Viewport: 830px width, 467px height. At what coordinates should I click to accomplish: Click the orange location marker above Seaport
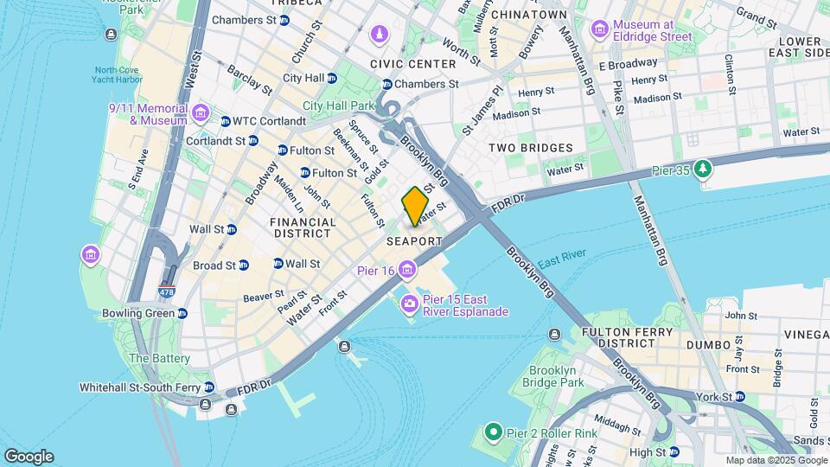[415, 206]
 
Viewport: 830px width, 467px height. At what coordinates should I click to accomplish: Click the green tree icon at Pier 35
[705, 167]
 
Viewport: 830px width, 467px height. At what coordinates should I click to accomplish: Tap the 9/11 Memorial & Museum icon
[201, 113]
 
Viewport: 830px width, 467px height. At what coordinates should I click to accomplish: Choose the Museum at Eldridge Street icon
[599, 29]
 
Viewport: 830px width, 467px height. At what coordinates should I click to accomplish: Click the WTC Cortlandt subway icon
[226, 121]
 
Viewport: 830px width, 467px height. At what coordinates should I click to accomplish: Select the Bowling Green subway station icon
[182, 313]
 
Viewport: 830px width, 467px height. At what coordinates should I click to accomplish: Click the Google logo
[29, 456]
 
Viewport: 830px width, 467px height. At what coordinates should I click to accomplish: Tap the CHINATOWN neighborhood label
[528, 15]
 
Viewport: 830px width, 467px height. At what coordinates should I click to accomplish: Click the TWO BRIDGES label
[530, 148]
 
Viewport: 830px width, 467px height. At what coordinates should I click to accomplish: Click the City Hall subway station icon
[331, 78]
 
